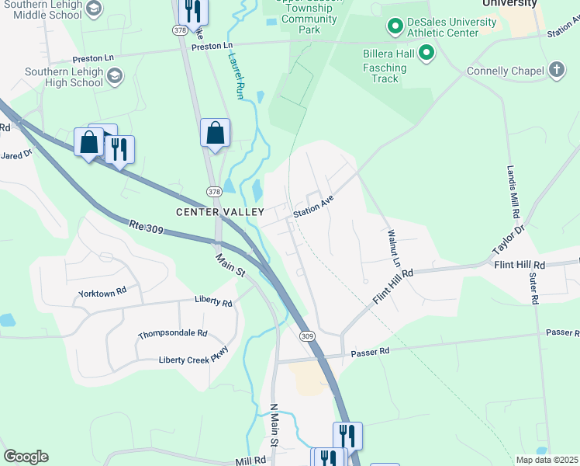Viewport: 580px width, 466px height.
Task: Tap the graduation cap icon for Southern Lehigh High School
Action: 115,75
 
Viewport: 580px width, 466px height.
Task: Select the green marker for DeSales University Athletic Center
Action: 394,28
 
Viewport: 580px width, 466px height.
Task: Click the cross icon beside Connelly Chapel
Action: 555,71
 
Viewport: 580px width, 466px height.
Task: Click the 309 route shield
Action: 307,336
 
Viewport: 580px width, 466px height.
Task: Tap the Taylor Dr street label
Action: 509,241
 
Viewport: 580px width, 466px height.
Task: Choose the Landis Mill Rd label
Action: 513,191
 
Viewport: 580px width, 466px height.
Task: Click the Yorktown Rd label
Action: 102,294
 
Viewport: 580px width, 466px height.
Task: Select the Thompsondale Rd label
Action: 172,334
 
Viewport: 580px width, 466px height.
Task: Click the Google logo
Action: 26,457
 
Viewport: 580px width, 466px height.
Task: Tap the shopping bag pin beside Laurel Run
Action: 215,133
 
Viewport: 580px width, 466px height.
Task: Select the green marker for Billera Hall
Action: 426,54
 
